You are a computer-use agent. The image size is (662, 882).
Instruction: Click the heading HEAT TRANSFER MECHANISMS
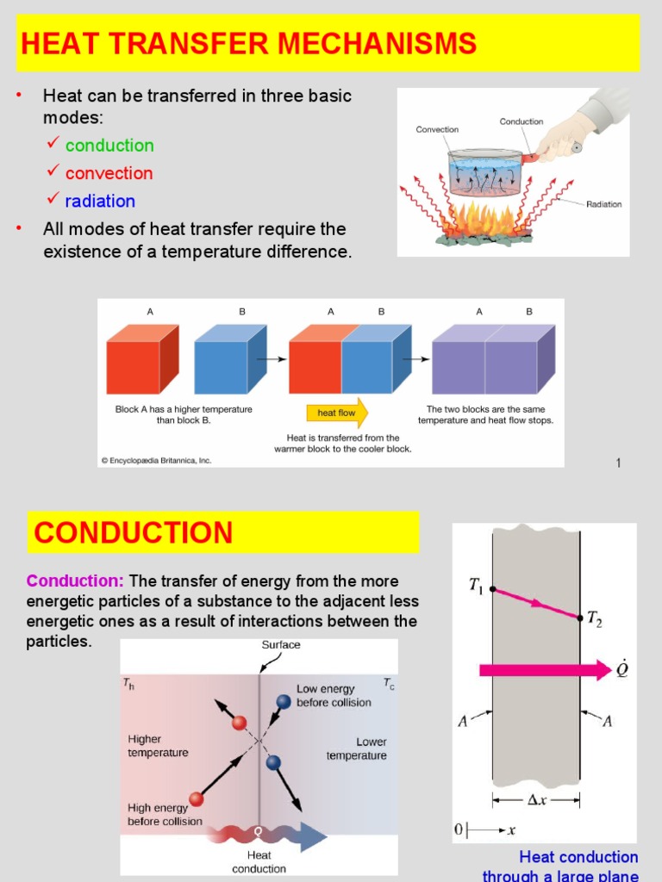[x=248, y=43]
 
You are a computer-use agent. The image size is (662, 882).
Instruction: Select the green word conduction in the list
[x=109, y=146]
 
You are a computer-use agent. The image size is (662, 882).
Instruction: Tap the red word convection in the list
[x=109, y=173]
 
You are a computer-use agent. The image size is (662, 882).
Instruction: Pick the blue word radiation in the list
[x=100, y=201]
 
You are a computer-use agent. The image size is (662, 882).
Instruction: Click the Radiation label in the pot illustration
[x=603, y=204]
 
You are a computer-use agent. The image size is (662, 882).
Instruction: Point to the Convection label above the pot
[x=437, y=130]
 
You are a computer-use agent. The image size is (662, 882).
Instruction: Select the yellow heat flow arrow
[x=337, y=413]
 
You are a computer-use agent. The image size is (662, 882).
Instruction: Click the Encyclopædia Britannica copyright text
[x=156, y=461]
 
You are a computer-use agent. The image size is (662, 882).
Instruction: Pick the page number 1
[x=618, y=463]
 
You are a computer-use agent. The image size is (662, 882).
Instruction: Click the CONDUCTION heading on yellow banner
[x=134, y=532]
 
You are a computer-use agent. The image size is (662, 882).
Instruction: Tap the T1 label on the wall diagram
[x=476, y=586]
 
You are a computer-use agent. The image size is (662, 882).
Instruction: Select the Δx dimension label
[x=536, y=799]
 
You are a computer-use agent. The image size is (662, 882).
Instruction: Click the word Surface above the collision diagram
[x=281, y=644]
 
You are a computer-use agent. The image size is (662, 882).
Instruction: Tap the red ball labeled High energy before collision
[x=196, y=798]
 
